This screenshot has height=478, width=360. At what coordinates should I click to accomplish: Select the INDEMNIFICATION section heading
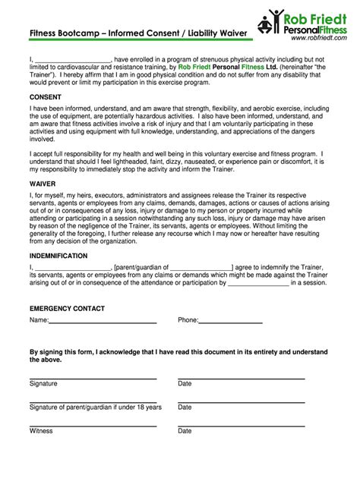click(x=58, y=256)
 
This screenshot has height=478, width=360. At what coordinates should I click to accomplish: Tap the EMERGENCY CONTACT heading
click(x=67, y=308)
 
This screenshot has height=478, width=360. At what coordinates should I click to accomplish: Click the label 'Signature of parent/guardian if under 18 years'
click(x=95, y=407)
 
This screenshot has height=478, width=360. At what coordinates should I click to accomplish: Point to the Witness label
click(x=41, y=431)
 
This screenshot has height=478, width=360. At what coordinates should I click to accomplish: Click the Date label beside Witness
click(x=185, y=431)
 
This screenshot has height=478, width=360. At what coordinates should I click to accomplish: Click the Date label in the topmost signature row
click(x=185, y=384)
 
